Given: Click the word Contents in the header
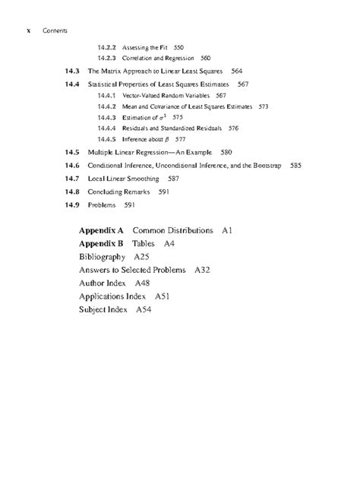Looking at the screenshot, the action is [55, 31].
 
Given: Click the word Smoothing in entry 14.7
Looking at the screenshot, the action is [144, 179].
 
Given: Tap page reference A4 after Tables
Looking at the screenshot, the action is [169, 243].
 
